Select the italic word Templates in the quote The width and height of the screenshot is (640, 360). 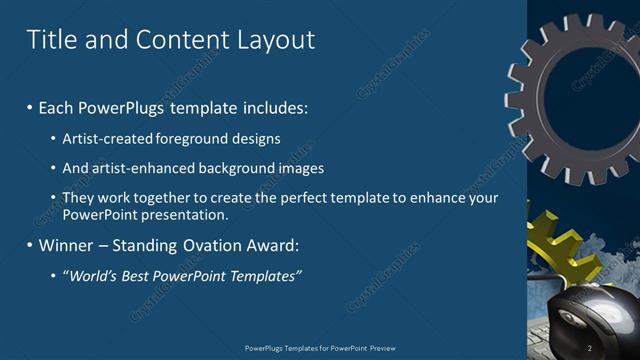pos(263,276)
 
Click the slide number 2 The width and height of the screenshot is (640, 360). pos(589,348)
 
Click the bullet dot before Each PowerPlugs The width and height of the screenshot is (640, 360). pos(29,106)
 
